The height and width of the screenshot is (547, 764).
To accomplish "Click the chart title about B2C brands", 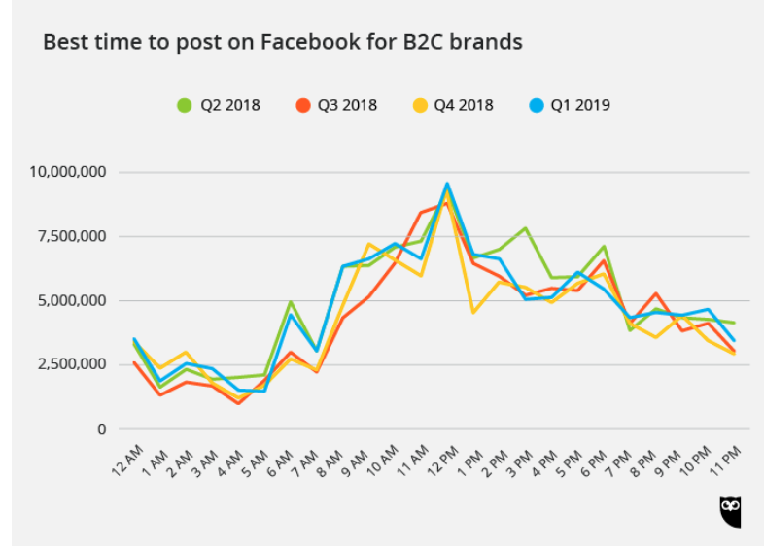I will coord(283,42).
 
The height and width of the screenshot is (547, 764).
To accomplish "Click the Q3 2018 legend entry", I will coord(335,105).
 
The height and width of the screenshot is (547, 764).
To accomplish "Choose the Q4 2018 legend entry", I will coord(452,105).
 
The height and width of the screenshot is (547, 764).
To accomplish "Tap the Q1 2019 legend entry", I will coord(569,105).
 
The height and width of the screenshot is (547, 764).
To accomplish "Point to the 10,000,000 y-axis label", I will coord(68,172).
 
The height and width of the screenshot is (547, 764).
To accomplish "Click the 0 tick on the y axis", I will coord(101,429).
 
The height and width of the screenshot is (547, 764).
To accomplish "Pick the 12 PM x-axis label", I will coord(436,458).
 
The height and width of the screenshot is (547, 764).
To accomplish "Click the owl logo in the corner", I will coord(730,511).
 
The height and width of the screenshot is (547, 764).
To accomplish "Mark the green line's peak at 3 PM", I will coord(526,228).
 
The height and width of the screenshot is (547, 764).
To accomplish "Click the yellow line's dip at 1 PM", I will coord(473,312).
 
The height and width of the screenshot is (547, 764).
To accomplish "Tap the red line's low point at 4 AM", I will coord(238,402).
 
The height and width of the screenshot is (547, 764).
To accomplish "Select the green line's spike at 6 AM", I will coord(291,302).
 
